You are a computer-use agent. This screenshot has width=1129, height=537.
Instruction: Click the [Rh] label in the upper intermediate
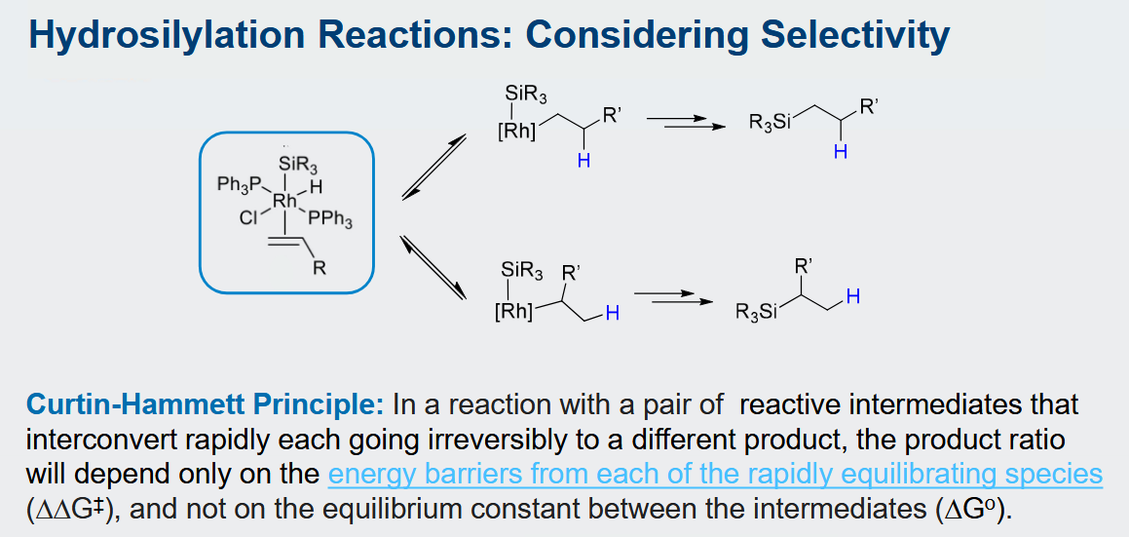[516, 134]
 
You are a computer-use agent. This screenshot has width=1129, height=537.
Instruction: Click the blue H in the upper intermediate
[583, 162]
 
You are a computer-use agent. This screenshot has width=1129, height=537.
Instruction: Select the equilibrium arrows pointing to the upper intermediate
[433, 168]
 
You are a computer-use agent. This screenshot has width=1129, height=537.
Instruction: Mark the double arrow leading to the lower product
[672, 297]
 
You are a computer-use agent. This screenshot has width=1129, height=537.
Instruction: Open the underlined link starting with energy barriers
[715, 475]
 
